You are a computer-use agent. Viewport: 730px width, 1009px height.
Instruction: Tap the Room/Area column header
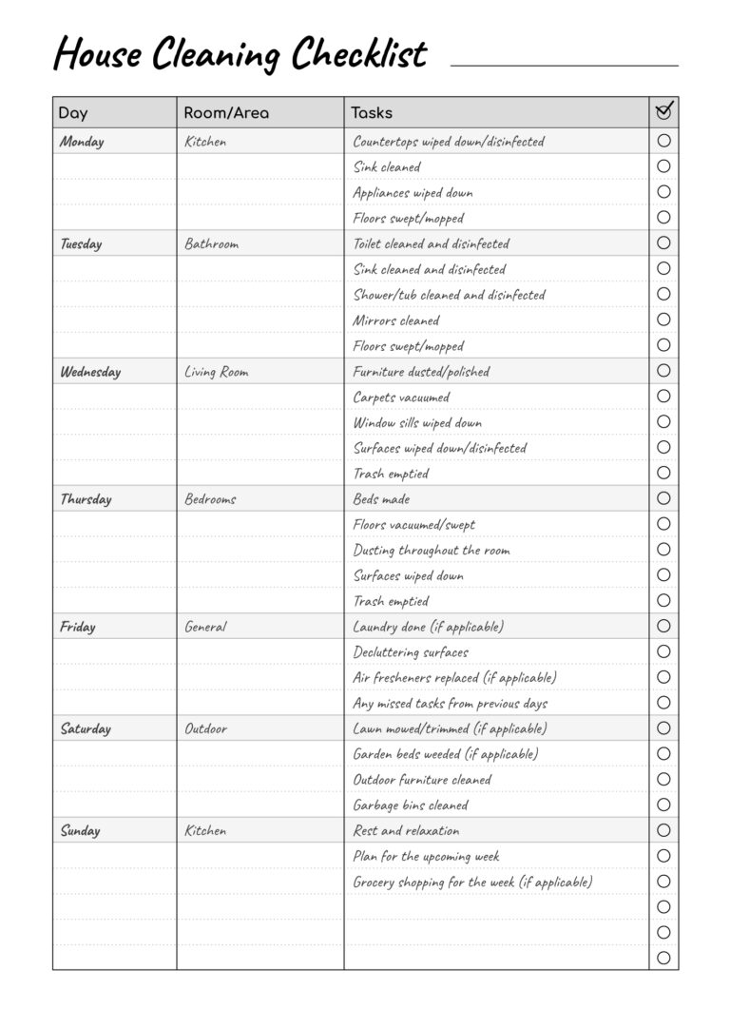[226, 113]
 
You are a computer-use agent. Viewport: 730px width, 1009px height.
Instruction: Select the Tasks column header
[372, 113]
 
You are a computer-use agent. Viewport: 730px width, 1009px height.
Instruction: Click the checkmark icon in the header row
[664, 111]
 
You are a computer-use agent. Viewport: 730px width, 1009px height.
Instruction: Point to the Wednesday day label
[90, 372]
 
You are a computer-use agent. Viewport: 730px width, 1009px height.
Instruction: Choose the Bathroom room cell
[211, 244]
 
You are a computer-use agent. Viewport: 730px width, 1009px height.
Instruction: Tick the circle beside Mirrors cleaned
[663, 320]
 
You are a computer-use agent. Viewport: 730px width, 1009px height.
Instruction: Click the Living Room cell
[216, 372]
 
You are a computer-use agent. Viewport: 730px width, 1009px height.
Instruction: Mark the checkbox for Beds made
[663, 498]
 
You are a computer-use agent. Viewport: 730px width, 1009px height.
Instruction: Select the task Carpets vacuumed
[401, 398]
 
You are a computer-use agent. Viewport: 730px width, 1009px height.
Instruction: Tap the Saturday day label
[86, 729]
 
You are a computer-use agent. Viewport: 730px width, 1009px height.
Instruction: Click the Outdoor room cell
[205, 729]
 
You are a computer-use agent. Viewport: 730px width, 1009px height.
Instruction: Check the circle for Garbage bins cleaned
[663, 805]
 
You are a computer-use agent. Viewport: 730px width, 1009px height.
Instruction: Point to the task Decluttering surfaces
[411, 652]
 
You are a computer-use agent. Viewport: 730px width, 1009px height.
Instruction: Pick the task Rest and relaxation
[406, 831]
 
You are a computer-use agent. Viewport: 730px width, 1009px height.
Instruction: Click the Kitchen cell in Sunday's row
[205, 831]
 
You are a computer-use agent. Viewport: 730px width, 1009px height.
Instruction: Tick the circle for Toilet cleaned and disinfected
[663, 243]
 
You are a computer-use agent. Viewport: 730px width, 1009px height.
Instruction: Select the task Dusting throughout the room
[432, 550]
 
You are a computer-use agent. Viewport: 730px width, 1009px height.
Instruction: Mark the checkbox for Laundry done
[663, 626]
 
